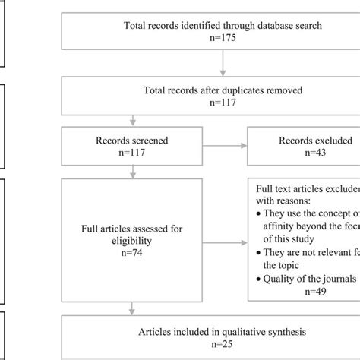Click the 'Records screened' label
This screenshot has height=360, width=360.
coord(133,140)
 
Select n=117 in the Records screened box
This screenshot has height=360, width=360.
coord(133,153)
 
